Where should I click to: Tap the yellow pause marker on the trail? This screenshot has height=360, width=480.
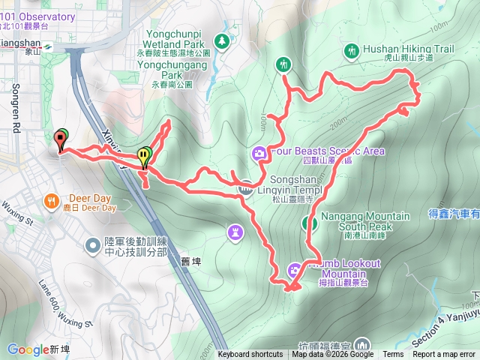pyautogui.click(x=142, y=156)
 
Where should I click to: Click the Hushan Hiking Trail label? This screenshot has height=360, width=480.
pyautogui.click(x=409, y=49)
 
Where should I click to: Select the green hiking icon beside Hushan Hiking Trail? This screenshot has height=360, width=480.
pyautogui.click(x=352, y=51)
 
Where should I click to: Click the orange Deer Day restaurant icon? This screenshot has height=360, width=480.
pyautogui.click(x=51, y=201)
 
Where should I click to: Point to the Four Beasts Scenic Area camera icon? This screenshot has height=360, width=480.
pyautogui.click(x=259, y=154)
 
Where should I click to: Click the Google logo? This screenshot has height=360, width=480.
pyautogui.click(x=28, y=349)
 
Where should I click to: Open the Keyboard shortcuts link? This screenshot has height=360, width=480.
pyautogui.click(x=250, y=355)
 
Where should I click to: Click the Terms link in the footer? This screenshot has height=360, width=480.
pyautogui.click(x=393, y=355)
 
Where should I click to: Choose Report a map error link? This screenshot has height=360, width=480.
pyautogui.click(x=445, y=355)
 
